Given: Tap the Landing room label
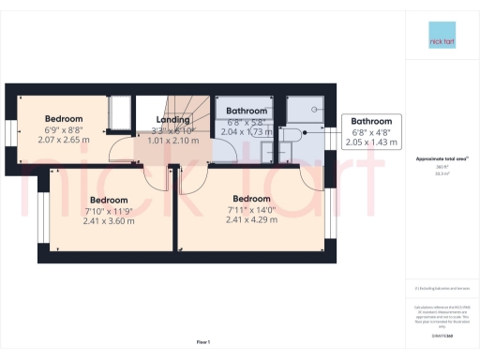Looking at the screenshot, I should (172, 119).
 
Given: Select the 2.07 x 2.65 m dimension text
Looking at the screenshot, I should (65, 140).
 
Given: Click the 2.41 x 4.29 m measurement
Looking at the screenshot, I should (252, 220).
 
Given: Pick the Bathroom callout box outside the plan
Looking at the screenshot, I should (372, 132).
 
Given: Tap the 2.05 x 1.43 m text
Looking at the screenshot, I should (372, 143).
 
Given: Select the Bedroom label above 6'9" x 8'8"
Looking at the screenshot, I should (65, 119).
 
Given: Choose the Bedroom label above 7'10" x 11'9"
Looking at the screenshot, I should (109, 200).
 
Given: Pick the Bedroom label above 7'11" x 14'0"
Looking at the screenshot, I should (252, 199).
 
